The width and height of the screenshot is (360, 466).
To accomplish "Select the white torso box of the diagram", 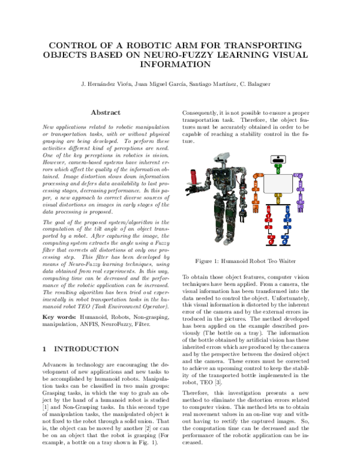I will click(277, 183).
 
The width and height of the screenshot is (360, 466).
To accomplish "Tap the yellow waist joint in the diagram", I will click(277, 196).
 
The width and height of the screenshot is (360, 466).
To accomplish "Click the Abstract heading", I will click(106, 112).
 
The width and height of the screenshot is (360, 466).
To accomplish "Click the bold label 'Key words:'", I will click(59, 316).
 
